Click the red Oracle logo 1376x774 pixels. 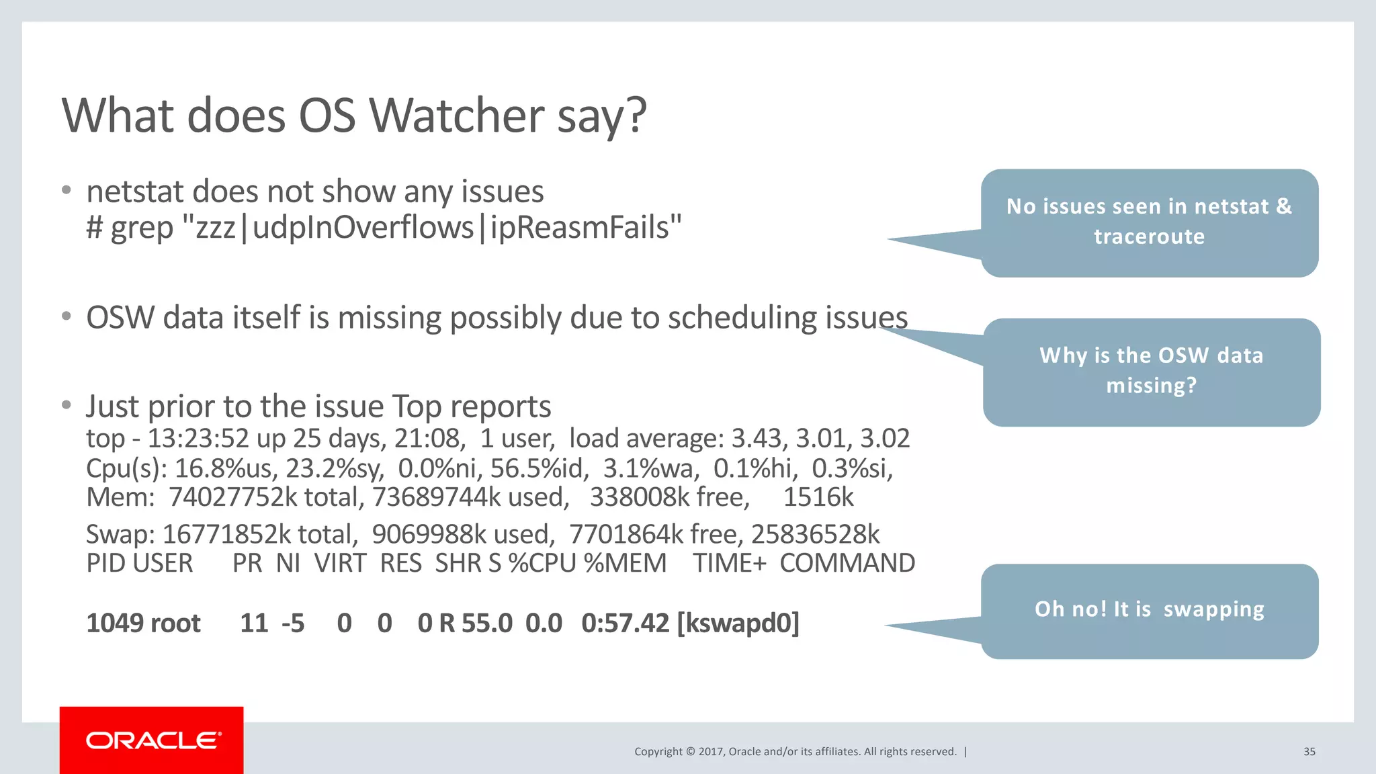152,740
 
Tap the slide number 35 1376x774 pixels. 1309,752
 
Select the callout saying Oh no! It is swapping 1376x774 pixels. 1149,610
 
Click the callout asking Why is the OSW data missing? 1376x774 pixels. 1151,371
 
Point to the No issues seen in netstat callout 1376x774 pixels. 1149,222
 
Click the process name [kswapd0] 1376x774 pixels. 738,623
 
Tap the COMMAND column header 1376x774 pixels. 847,563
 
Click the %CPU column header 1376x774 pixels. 542,563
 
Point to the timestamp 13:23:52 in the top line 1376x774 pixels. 198,439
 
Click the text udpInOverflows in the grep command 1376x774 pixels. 363,228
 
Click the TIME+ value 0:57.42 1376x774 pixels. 625,623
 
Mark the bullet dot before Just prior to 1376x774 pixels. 66,405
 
